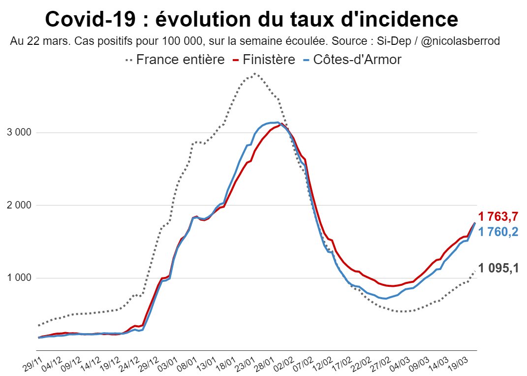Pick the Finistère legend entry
click(268, 60)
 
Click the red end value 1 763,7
click(498, 216)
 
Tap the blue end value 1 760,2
click(498, 232)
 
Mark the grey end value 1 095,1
click(498, 269)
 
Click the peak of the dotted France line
click(254, 74)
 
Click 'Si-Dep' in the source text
click(400, 41)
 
